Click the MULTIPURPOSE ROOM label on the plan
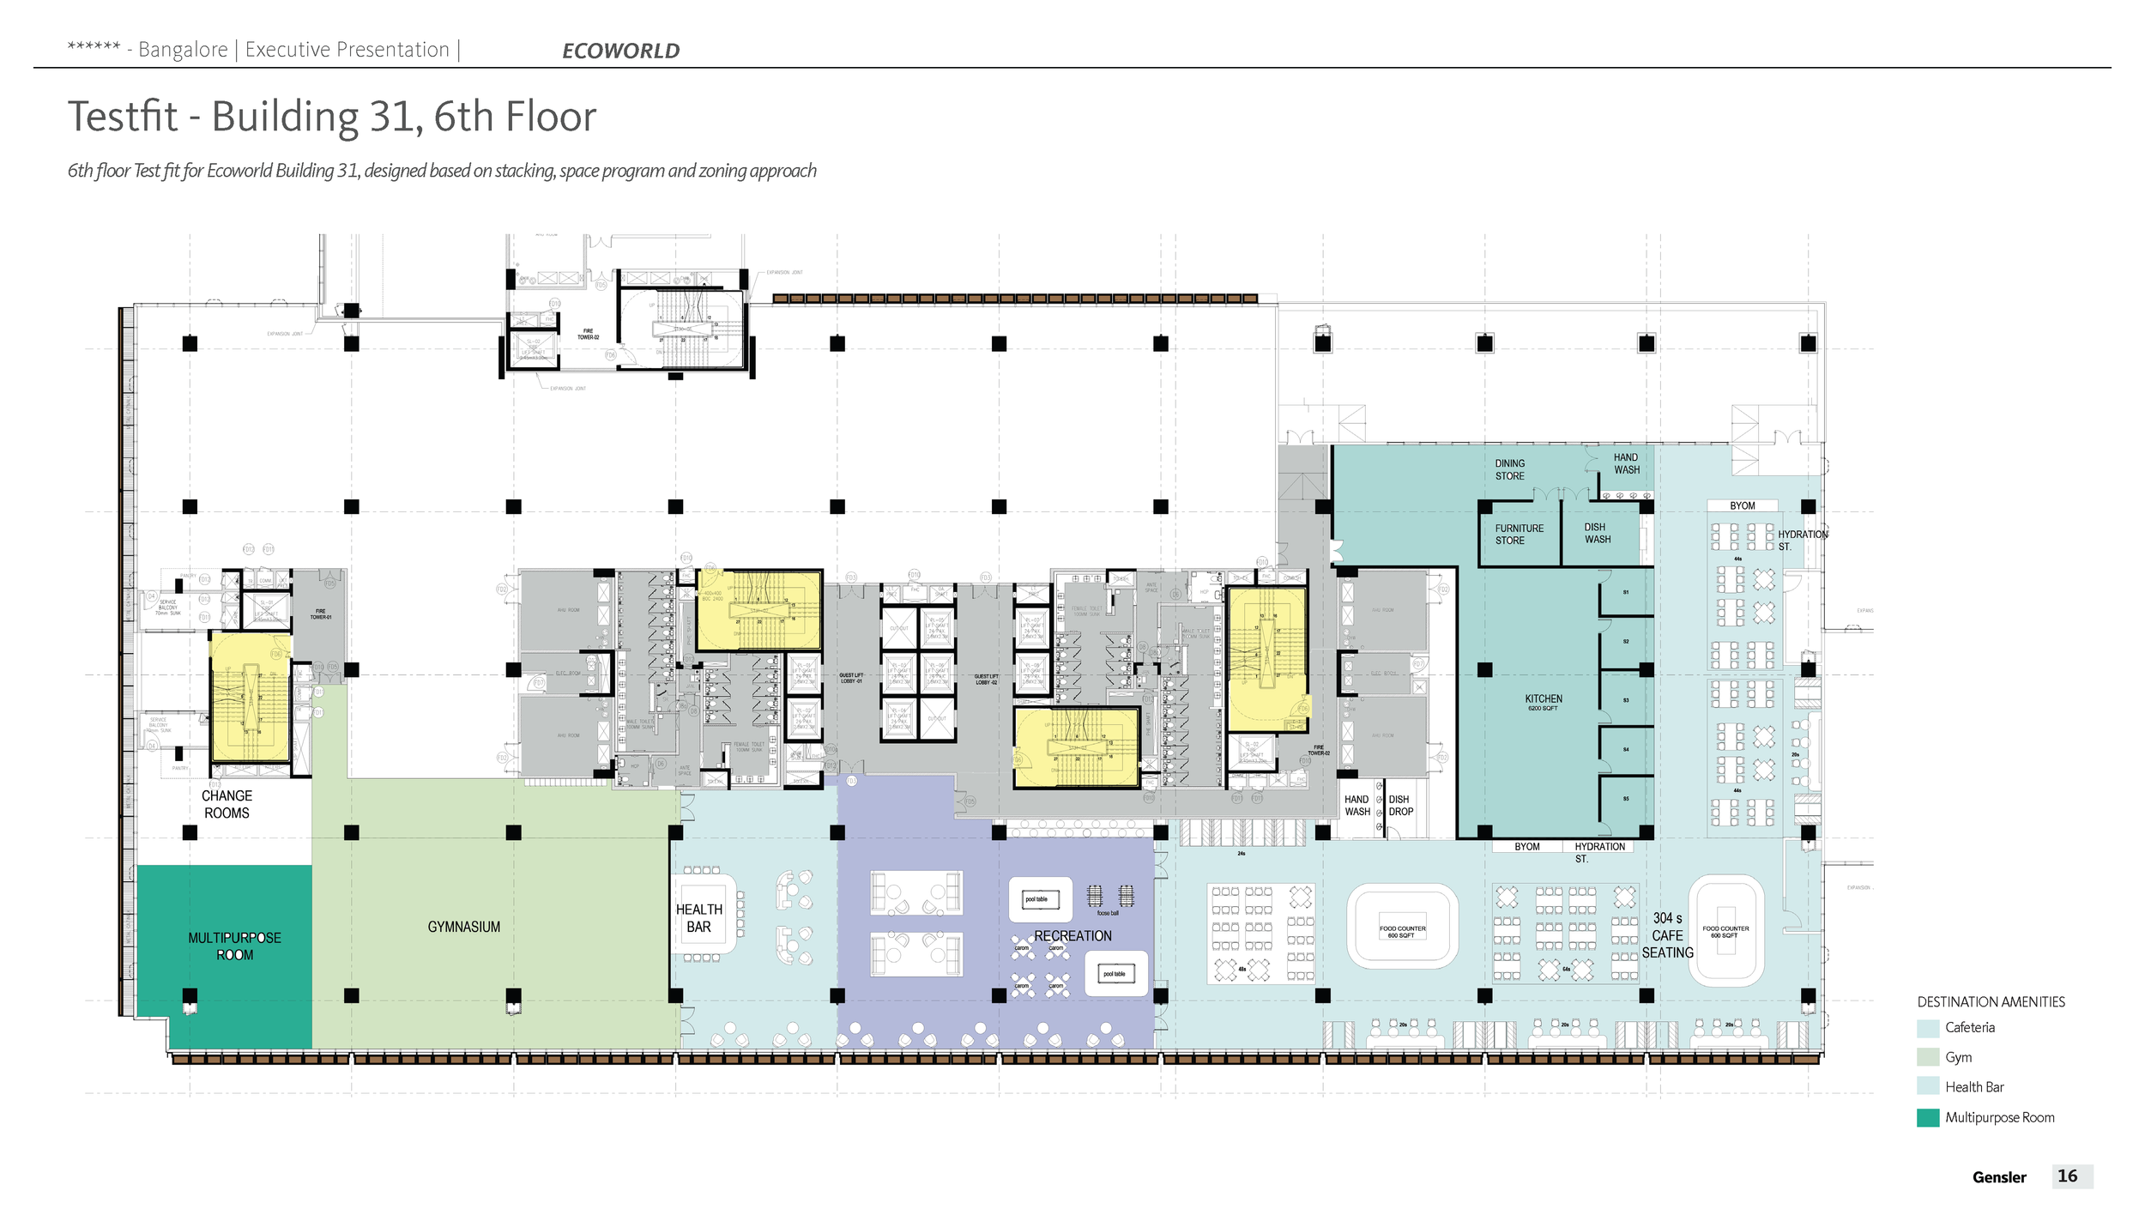234,946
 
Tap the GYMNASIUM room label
463,927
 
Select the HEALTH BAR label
698,918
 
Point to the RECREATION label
1072,935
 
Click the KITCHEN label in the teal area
1543,699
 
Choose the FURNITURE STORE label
1519,535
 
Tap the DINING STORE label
1510,469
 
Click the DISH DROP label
1400,805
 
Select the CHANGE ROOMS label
227,804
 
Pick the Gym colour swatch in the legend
1927,1057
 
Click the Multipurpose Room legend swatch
1927,1117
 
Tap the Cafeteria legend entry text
1969,1027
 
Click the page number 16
2067,1176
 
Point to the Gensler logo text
1998,1177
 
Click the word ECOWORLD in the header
620,51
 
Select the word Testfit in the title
124,117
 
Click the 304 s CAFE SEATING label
1667,935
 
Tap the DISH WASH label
1597,533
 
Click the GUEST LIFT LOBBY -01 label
850,678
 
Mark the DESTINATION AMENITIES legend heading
1991,1001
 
